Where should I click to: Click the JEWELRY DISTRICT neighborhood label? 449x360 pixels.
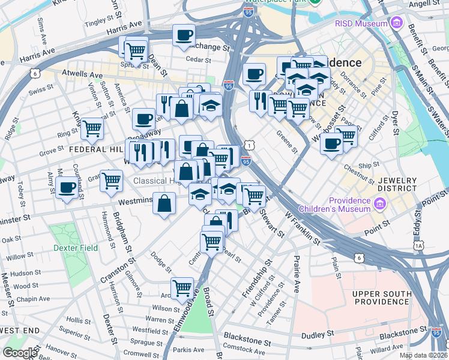[x=397, y=184]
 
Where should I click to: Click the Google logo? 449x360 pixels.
[x=20, y=353]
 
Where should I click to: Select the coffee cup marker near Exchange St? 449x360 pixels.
[x=184, y=35]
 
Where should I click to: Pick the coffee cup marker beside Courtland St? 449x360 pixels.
[x=67, y=188]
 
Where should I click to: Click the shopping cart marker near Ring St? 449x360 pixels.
[x=92, y=127]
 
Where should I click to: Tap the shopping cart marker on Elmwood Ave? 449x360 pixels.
[x=182, y=287]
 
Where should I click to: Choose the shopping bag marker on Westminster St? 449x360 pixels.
[x=164, y=203]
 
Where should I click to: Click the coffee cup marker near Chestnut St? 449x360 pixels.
[x=331, y=143]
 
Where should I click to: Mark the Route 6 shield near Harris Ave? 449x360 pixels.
[x=35, y=73]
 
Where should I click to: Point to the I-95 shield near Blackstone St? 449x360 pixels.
[x=437, y=332]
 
